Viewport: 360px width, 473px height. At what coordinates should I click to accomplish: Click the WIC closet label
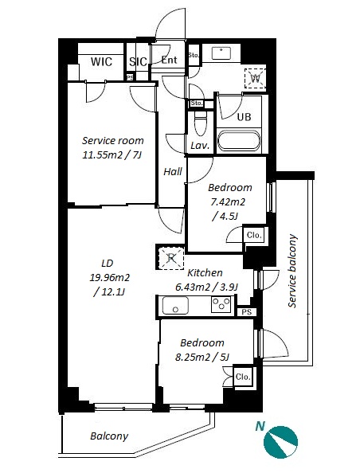coord(101,62)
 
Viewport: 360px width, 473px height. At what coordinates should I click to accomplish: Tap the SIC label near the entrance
coord(139,62)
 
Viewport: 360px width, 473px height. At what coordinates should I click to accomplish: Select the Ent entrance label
coord(169,60)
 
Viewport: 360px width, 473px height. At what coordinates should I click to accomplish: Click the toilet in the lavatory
coord(200,123)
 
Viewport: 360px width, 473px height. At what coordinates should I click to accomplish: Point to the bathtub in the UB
coord(239,140)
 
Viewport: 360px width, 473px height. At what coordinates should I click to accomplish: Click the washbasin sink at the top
coord(221,53)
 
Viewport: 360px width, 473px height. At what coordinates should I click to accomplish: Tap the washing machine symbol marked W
coord(256,78)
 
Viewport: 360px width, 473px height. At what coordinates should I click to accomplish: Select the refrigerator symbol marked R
coord(171,258)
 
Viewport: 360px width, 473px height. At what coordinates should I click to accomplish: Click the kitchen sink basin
coord(175,306)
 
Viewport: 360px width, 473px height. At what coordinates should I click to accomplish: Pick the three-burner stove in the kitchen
coord(221,304)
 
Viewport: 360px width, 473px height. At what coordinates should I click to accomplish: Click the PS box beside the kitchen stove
coord(247,312)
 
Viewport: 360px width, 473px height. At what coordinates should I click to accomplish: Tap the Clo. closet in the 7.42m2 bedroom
coord(254,235)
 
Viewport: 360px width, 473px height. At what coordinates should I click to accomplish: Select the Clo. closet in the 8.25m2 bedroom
coord(243,377)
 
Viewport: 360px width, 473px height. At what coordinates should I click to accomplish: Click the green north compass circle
coord(280,442)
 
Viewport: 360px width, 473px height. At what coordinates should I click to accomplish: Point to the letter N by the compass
coord(260,426)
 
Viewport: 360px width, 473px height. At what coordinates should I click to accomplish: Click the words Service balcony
coord(292,271)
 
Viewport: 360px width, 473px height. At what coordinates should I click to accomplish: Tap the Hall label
coord(173,172)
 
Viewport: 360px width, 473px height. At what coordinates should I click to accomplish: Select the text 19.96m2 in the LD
coord(109,277)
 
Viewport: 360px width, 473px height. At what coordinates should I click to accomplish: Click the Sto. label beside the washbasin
coord(194,55)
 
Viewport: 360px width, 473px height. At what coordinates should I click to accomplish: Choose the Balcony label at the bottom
coord(109,436)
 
